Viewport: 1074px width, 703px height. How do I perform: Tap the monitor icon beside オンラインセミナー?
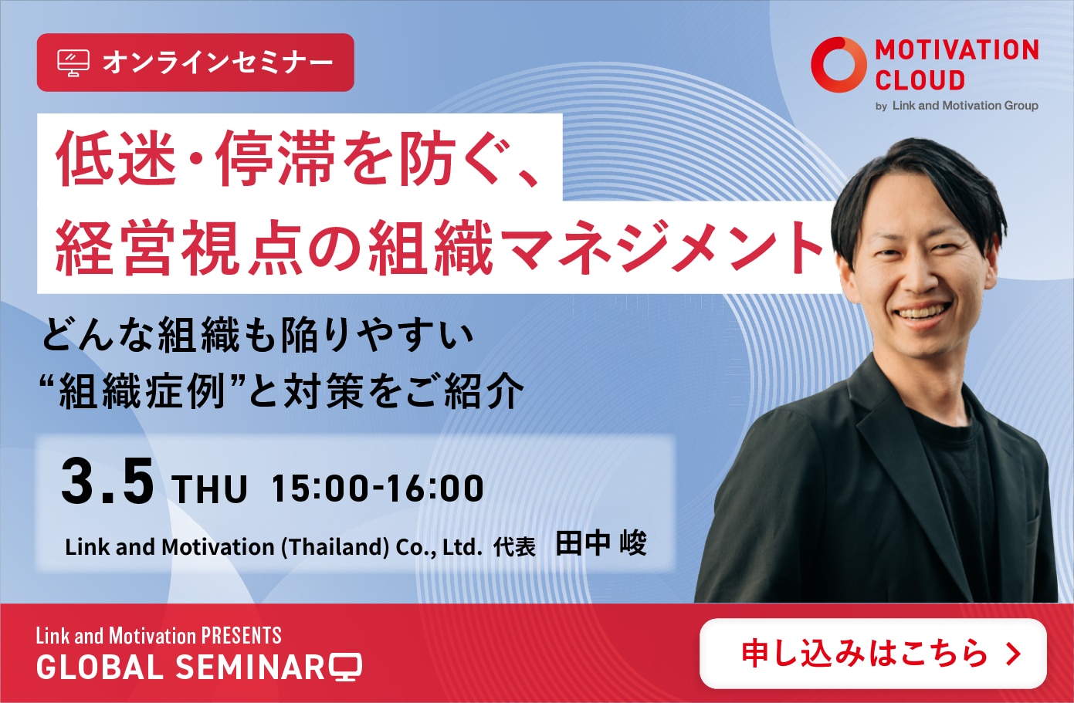click(x=73, y=63)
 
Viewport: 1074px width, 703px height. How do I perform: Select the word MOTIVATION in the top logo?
click(x=957, y=50)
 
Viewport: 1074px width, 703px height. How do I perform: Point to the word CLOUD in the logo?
click(x=920, y=80)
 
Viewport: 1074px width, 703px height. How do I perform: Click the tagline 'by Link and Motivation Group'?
click(x=957, y=106)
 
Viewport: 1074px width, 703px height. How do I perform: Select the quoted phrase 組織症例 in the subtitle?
click(x=143, y=391)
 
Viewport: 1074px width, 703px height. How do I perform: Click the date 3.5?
click(x=108, y=481)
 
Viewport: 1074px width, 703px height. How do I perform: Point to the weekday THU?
click(x=209, y=488)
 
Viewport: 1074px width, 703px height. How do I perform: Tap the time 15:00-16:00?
click(x=378, y=488)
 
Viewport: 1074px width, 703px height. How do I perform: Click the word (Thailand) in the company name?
click(x=335, y=547)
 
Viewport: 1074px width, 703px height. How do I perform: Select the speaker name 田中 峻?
click(x=601, y=543)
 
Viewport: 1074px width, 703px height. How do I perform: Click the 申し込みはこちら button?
click(x=872, y=653)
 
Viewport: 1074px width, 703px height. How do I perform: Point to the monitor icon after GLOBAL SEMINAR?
click(x=345, y=667)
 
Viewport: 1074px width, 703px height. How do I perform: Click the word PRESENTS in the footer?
click(x=241, y=636)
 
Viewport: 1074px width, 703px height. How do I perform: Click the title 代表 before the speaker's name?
click(x=514, y=547)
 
